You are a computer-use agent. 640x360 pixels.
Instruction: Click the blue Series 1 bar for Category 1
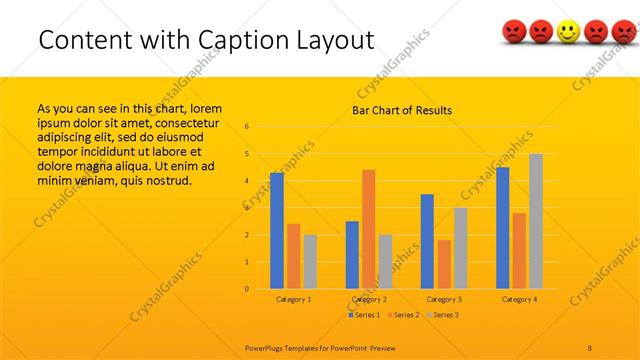click(x=277, y=231)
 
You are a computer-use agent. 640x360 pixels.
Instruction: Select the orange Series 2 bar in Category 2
click(x=368, y=229)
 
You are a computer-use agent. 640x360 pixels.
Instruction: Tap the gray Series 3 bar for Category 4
click(x=535, y=221)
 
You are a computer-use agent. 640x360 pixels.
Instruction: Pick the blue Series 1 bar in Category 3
click(x=427, y=241)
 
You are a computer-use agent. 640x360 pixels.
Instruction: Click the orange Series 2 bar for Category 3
click(x=444, y=264)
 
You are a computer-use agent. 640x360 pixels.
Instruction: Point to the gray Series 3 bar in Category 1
click(x=310, y=261)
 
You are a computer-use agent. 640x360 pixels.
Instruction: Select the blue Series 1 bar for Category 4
click(x=502, y=228)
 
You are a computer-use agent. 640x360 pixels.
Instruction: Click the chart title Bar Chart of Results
click(x=401, y=110)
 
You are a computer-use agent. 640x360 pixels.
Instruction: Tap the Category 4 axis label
click(x=519, y=299)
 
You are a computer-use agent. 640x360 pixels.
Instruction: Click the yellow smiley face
click(x=568, y=33)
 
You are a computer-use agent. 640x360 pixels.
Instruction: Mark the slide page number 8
click(x=590, y=346)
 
